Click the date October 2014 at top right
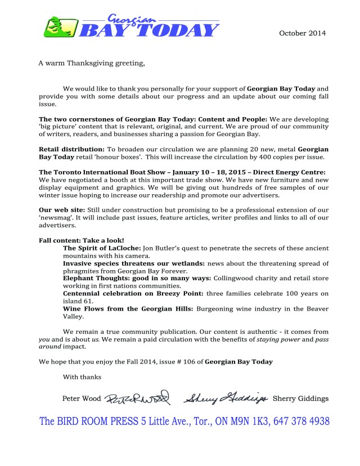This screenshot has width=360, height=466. [302, 33]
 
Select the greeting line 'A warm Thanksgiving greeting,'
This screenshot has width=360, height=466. [92, 62]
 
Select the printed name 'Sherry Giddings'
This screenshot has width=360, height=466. [300, 399]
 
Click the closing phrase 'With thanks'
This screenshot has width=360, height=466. [82, 377]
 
